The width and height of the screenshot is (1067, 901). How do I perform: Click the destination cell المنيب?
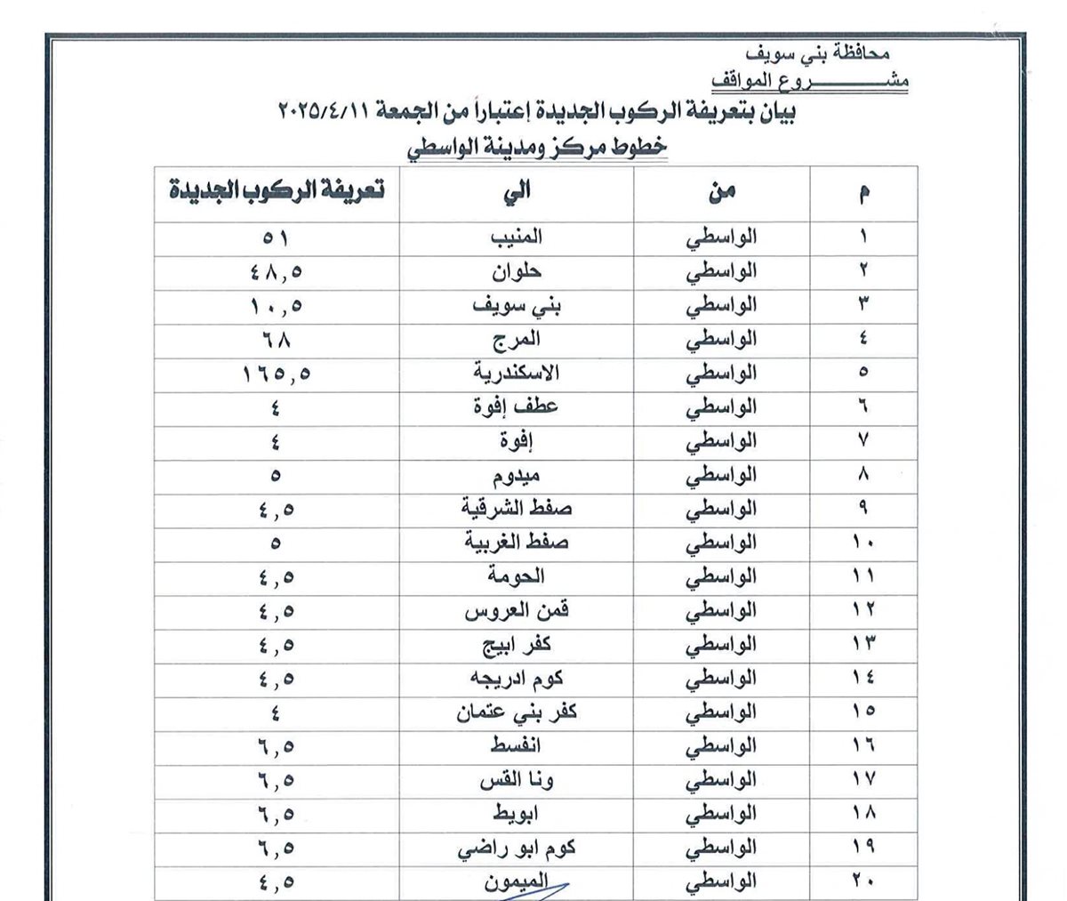click(517, 238)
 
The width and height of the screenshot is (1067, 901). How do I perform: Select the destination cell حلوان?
click(517, 272)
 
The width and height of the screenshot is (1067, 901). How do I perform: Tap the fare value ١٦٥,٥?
click(275, 374)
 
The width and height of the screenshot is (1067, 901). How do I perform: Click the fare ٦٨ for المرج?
click(275, 341)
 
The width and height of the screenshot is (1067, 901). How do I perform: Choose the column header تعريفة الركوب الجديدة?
click(276, 192)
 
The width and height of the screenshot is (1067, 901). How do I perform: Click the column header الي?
click(517, 192)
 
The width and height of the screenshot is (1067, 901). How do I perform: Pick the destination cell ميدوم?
click(517, 476)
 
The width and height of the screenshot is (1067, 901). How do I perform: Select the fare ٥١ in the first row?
click(275, 238)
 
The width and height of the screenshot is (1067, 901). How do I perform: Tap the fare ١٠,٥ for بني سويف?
click(275, 307)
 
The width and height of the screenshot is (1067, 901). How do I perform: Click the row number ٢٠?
click(862, 882)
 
